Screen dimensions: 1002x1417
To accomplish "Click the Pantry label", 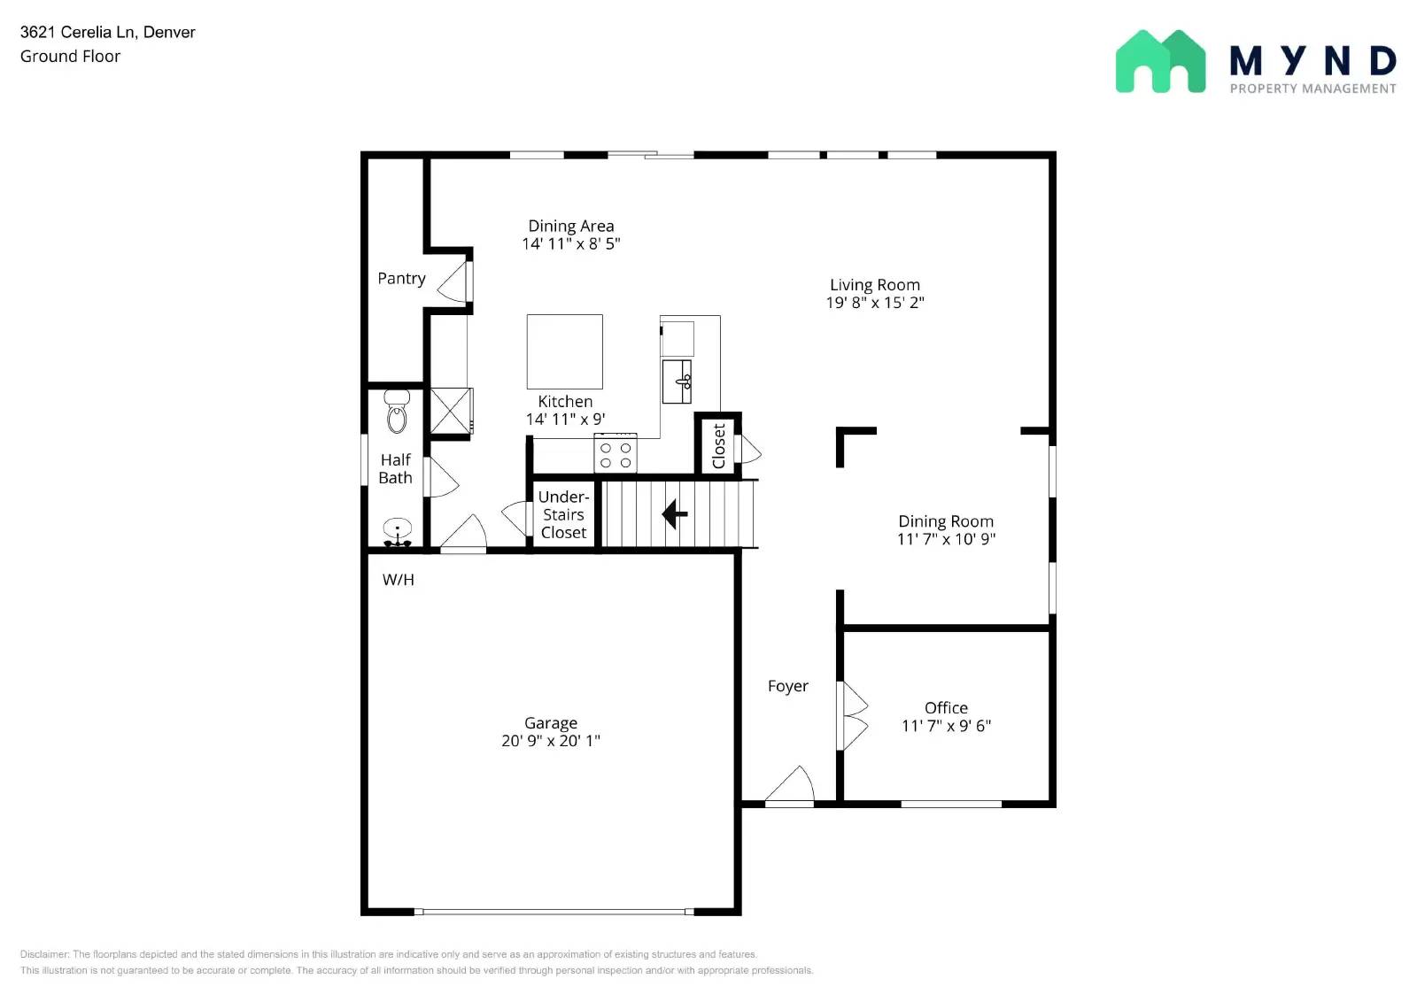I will tap(401, 278).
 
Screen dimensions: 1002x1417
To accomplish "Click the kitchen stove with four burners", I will tap(616, 454).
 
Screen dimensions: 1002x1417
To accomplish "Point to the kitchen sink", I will tap(678, 381).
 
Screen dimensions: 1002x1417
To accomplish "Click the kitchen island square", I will tap(564, 351).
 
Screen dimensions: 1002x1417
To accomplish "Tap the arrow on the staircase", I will tap(675, 513).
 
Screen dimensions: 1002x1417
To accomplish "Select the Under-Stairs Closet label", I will tap(563, 514).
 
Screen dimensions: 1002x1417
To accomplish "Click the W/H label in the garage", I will tap(398, 580).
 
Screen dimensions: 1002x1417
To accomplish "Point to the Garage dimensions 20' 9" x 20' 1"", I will tap(550, 741).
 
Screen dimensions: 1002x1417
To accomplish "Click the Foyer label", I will tap(787, 686).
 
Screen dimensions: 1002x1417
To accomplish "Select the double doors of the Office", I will tap(854, 715).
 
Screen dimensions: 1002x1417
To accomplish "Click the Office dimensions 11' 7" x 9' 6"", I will tap(946, 726).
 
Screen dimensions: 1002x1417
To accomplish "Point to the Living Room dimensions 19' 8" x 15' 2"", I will tap(874, 303).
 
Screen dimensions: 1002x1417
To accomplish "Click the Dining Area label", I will tap(570, 226).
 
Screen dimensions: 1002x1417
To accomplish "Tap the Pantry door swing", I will tap(454, 281).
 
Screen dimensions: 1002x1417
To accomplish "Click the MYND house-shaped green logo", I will tap(1160, 62).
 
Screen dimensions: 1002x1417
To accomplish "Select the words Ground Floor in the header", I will tap(70, 56).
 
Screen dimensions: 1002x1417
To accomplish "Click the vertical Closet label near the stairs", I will tap(718, 445).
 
